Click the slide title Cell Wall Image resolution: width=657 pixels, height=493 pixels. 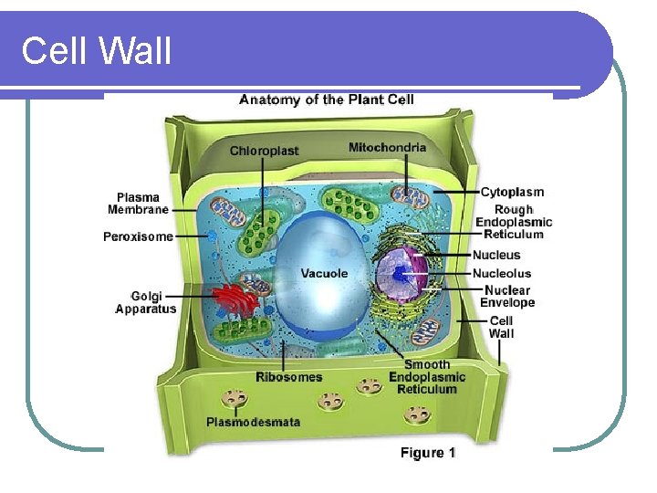click(96, 50)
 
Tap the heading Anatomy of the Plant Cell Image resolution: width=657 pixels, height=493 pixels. click(326, 100)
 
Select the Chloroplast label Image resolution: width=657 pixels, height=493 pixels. click(264, 151)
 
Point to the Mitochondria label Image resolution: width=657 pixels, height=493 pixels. click(387, 147)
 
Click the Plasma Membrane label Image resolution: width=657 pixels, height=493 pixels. click(138, 203)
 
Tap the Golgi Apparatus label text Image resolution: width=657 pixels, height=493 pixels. click(146, 302)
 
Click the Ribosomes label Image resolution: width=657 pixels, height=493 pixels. click(288, 376)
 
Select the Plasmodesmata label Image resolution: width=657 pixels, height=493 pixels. click(253, 422)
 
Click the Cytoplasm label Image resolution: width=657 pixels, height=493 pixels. click(512, 192)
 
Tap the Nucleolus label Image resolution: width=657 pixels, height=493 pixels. click(501, 273)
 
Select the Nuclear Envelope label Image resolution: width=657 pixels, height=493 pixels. click(507, 297)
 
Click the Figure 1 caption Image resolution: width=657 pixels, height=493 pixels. click(428, 453)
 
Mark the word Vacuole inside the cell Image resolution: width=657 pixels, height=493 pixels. click(324, 273)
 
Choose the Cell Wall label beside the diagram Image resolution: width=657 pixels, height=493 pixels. click(502, 327)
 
